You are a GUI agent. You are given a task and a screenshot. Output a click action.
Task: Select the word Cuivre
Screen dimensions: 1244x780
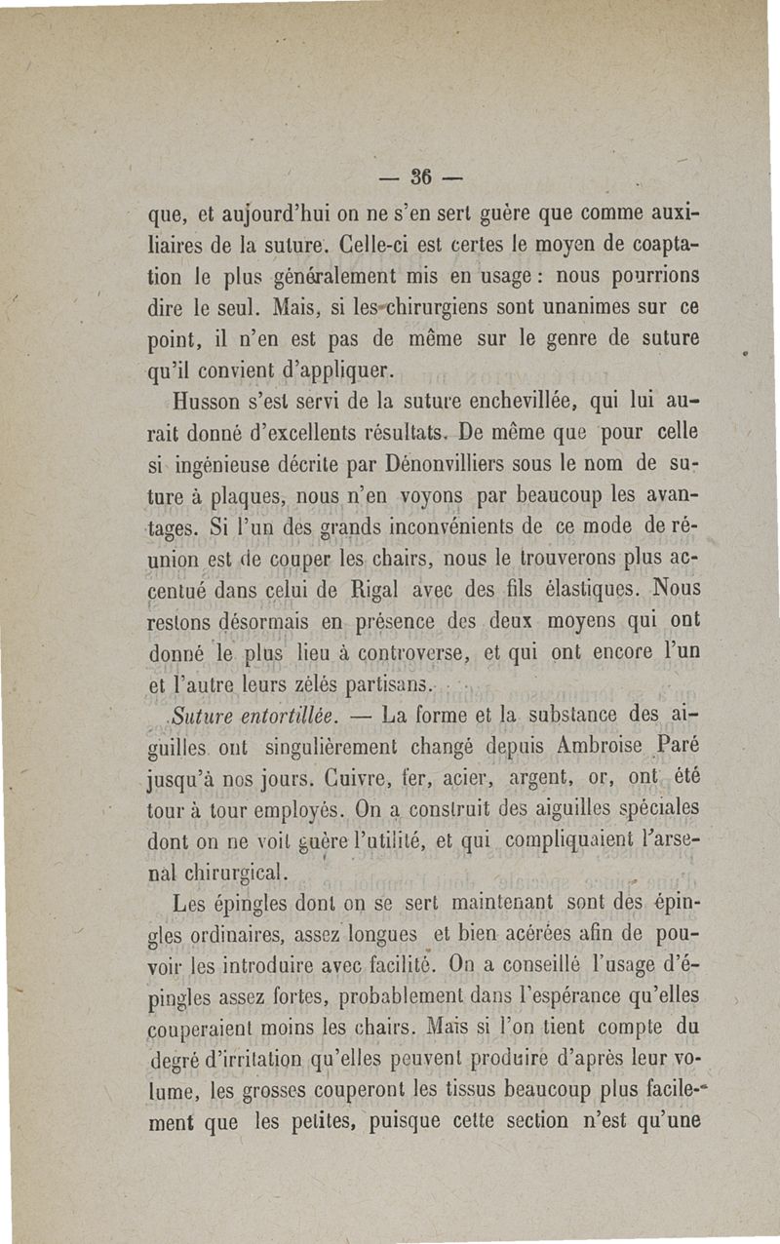pyautogui.click(x=354, y=778)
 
